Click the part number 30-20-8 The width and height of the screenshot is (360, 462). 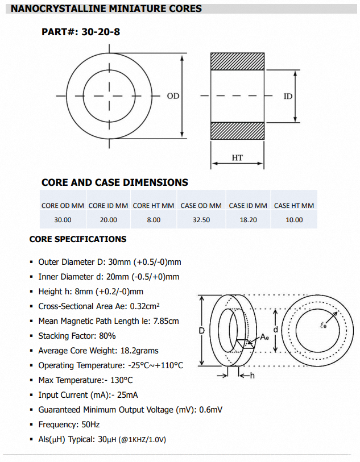[x=101, y=32]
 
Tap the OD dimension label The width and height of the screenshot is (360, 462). [x=173, y=96]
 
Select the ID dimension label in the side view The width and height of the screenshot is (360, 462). [x=288, y=96]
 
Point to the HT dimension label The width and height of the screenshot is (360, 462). [x=237, y=157]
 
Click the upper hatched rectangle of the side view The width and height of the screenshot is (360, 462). [x=237, y=61]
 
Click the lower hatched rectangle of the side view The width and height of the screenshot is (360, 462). [x=237, y=130]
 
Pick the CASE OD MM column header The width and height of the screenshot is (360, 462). [x=201, y=205]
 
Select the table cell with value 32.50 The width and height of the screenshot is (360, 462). [x=201, y=219]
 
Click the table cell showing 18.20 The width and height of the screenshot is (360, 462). [x=247, y=219]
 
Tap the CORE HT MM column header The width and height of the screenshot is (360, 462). [x=154, y=205]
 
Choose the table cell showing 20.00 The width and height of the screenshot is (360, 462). [x=109, y=219]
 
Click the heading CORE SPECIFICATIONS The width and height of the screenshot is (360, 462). [x=78, y=239]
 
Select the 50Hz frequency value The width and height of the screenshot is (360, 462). [x=92, y=424]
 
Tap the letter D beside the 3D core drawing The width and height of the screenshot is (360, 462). [x=201, y=330]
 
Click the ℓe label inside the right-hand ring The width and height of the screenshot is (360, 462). [x=324, y=326]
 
